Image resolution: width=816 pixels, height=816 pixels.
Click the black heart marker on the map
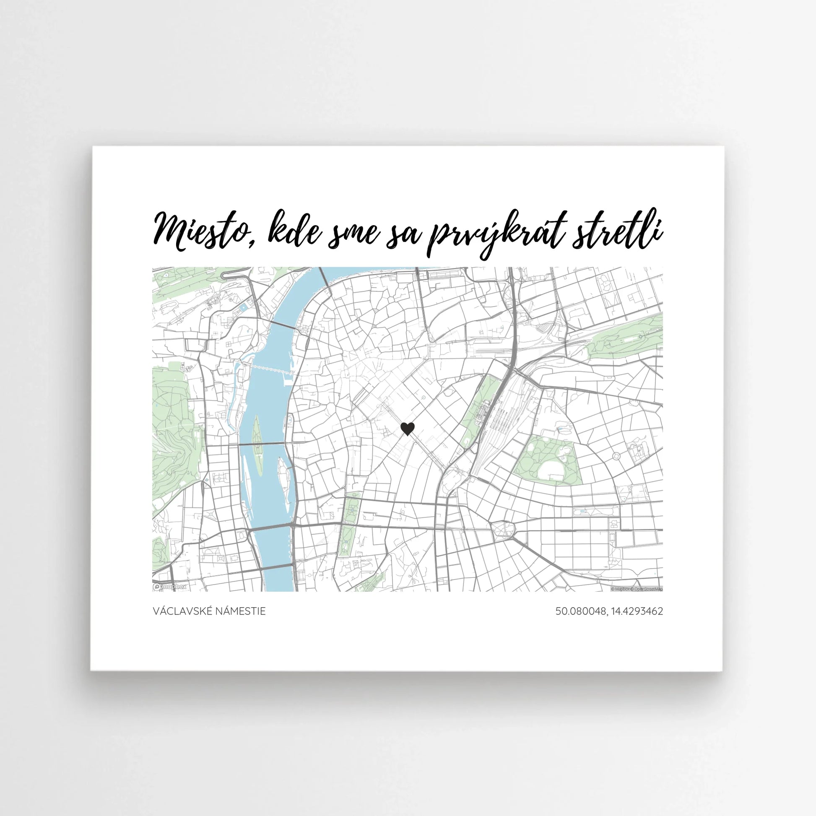click(407, 429)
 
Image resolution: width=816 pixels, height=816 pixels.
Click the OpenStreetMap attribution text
click(648, 589)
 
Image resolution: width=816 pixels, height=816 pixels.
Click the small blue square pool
click(243, 307)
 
